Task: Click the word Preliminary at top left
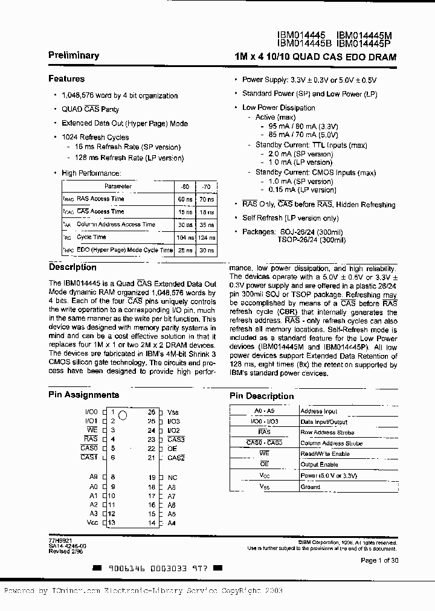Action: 74,56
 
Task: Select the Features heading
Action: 66,78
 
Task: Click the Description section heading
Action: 72,267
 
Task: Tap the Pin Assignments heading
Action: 83,395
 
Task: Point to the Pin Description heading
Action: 262,396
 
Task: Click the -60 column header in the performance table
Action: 184,187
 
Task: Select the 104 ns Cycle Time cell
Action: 184,237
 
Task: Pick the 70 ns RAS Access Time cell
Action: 206,199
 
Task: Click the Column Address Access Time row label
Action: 116,225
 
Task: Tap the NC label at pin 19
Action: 172,477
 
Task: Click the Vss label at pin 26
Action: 173,412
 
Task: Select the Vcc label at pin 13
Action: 92,523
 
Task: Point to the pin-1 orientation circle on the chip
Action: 122,415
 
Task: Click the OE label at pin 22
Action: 172,449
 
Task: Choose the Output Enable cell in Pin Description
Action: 320,464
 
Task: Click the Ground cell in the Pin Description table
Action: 311,487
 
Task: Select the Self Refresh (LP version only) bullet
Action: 290,218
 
